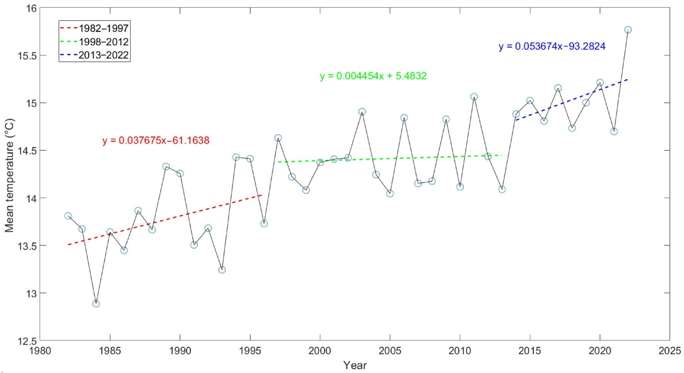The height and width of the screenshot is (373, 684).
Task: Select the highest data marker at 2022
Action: (x=628, y=30)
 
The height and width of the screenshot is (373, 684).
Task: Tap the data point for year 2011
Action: (x=474, y=97)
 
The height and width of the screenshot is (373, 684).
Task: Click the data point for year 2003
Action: (x=362, y=112)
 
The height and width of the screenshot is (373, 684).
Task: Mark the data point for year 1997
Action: (x=278, y=138)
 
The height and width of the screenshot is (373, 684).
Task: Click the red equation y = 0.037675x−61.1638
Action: (x=156, y=140)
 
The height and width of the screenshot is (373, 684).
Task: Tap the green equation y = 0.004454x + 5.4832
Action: (x=373, y=76)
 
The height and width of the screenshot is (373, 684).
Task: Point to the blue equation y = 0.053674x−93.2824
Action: (x=552, y=46)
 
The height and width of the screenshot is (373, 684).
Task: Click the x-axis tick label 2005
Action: (x=390, y=351)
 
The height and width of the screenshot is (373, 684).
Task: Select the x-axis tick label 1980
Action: (x=40, y=351)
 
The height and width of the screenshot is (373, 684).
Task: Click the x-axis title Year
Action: (x=355, y=365)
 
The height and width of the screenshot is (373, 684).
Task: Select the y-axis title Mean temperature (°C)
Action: (x=9, y=175)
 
